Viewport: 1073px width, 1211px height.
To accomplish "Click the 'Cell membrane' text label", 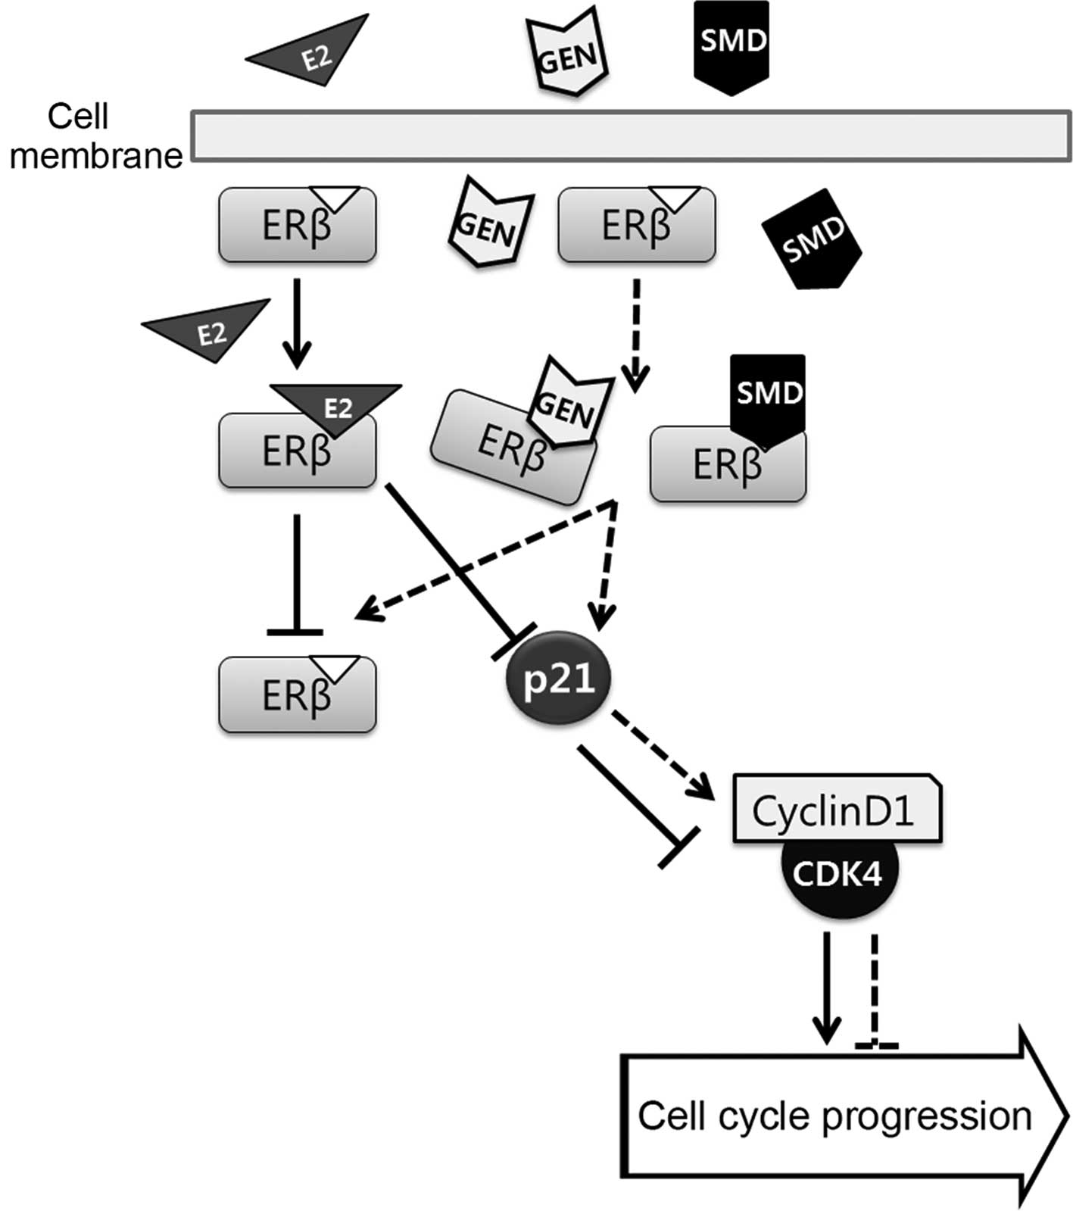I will point(95,136).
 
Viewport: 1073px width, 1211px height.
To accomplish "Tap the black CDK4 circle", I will point(839,875).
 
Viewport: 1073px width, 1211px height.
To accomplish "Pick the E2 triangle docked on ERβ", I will point(335,407).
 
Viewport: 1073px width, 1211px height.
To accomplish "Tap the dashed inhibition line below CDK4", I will point(875,992).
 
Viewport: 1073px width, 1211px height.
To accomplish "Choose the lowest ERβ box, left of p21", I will point(298,694).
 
